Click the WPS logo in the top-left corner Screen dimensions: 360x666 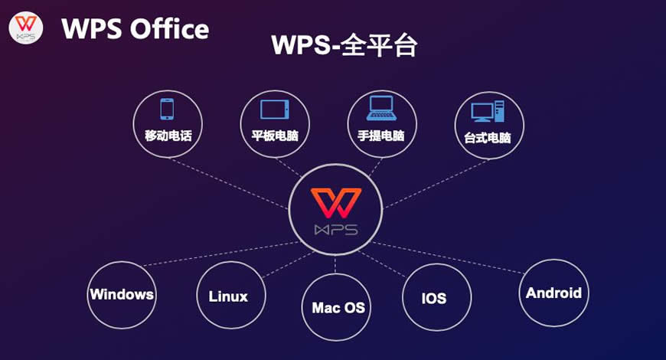pos(25,28)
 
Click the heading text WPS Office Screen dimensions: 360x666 pos(135,28)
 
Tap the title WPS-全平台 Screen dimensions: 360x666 pos(344,45)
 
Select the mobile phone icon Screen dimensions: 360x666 pos(167,109)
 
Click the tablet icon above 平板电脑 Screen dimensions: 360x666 pos(274,110)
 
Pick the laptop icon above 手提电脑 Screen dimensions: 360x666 pos(380,109)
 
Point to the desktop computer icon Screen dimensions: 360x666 pos(488,111)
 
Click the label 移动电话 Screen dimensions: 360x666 pos(168,136)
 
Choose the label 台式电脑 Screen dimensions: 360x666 pos(488,139)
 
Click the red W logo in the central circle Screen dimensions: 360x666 pos(335,203)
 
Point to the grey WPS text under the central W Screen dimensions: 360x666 pos(335,230)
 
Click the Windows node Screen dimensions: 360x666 pos(122,294)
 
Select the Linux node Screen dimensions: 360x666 pos(228,296)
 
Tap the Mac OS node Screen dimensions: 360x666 pos(338,308)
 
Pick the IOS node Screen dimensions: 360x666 pos(434,298)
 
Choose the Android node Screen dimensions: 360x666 pos(553,293)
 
